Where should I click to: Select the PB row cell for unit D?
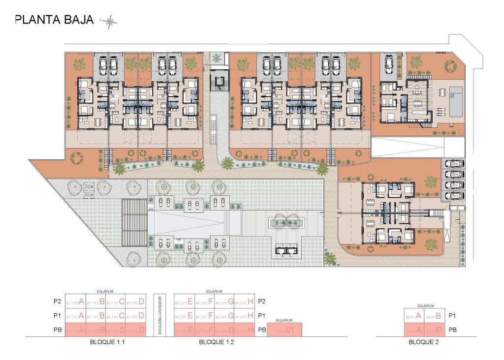(135, 330)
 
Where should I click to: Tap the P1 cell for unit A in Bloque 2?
(414, 316)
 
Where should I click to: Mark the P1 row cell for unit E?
(184, 316)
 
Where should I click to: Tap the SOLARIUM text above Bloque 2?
(425, 306)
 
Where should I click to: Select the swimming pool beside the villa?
(455, 101)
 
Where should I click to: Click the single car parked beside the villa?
(388, 63)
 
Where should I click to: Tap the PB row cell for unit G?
(224, 330)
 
